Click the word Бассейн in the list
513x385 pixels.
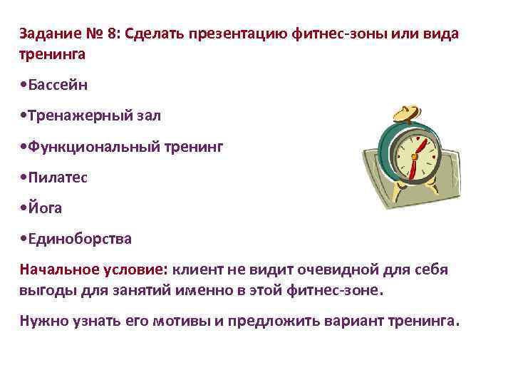coord(57,86)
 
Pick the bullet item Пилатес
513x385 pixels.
coord(58,177)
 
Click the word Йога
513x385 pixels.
coord(46,207)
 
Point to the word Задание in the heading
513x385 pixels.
coord(48,34)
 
